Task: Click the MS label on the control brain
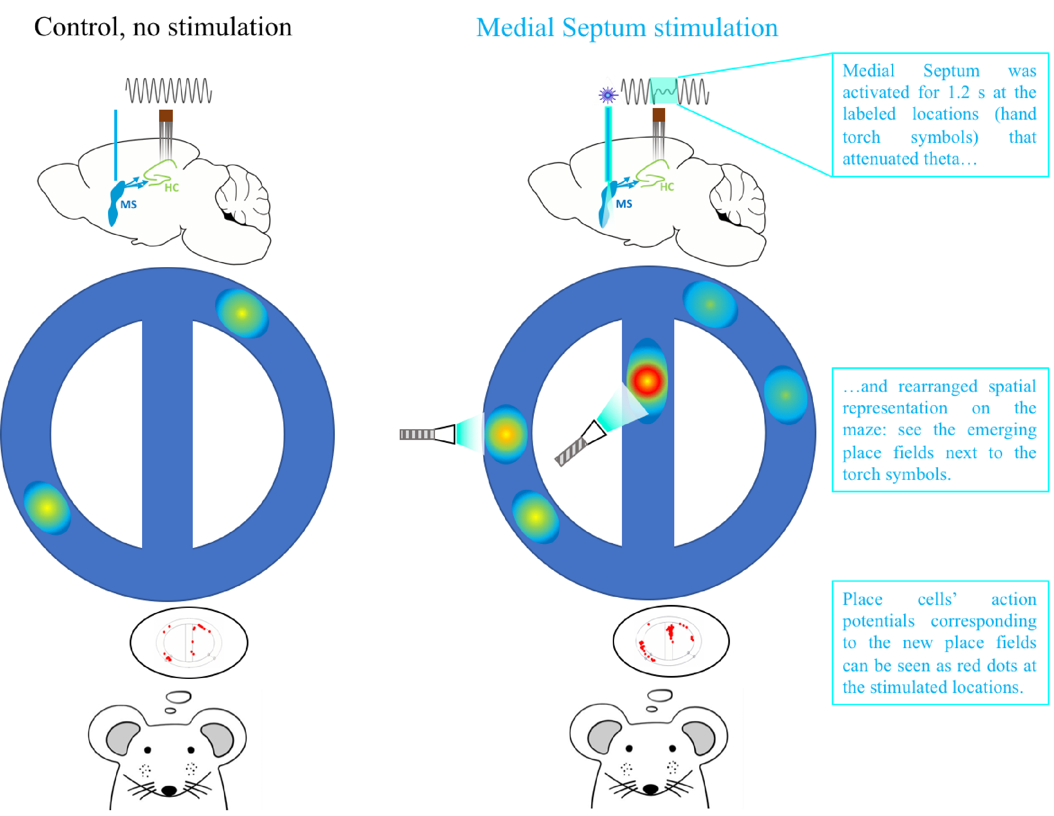click(x=128, y=204)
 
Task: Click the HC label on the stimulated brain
click(x=666, y=187)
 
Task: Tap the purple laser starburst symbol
click(x=607, y=95)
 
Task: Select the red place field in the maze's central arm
click(x=647, y=381)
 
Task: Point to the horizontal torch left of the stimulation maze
click(x=427, y=434)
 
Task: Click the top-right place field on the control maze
click(x=242, y=313)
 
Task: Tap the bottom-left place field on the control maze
click(x=47, y=507)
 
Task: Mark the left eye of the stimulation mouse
click(x=629, y=748)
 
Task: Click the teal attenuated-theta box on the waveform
click(x=664, y=91)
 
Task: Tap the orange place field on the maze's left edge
click(x=505, y=434)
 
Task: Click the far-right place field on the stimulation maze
click(x=786, y=395)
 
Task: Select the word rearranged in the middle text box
click(x=937, y=386)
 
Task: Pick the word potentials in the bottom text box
click(x=878, y=621)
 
